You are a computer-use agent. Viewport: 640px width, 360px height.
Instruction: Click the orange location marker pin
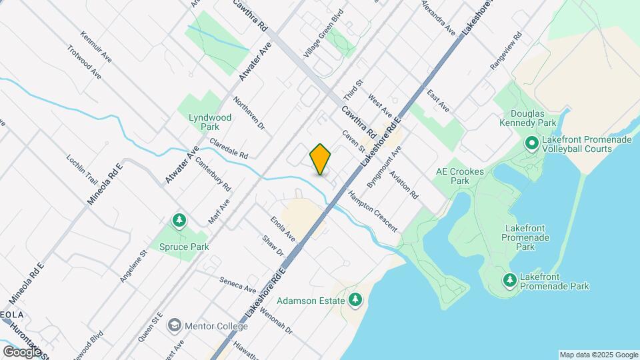click(x=320, y=159)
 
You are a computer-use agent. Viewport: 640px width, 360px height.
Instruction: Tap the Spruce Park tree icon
click(x=179, y=221)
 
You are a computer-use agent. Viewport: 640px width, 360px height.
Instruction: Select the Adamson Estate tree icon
click(x=355, y=300)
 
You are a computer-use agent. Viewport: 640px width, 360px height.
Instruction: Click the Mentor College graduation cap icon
click(x=175, y=325)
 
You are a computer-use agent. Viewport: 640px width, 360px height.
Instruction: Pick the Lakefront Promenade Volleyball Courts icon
click(x=532, y=143)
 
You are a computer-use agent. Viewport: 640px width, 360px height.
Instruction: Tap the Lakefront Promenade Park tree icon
click(x=510, y=280)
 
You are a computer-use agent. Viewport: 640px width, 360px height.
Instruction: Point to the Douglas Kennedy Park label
click(x=533, y=119)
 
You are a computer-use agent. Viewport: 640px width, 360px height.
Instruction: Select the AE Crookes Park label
click(x=459, y=176)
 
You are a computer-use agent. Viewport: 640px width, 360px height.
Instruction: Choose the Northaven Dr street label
click(x=249, y=113)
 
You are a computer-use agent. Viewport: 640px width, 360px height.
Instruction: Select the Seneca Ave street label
click(x=239, y=285)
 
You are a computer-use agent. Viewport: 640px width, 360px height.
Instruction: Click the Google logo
click(x=22, y=351)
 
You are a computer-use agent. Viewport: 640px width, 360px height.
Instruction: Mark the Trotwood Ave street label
click(x=84, y=62)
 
